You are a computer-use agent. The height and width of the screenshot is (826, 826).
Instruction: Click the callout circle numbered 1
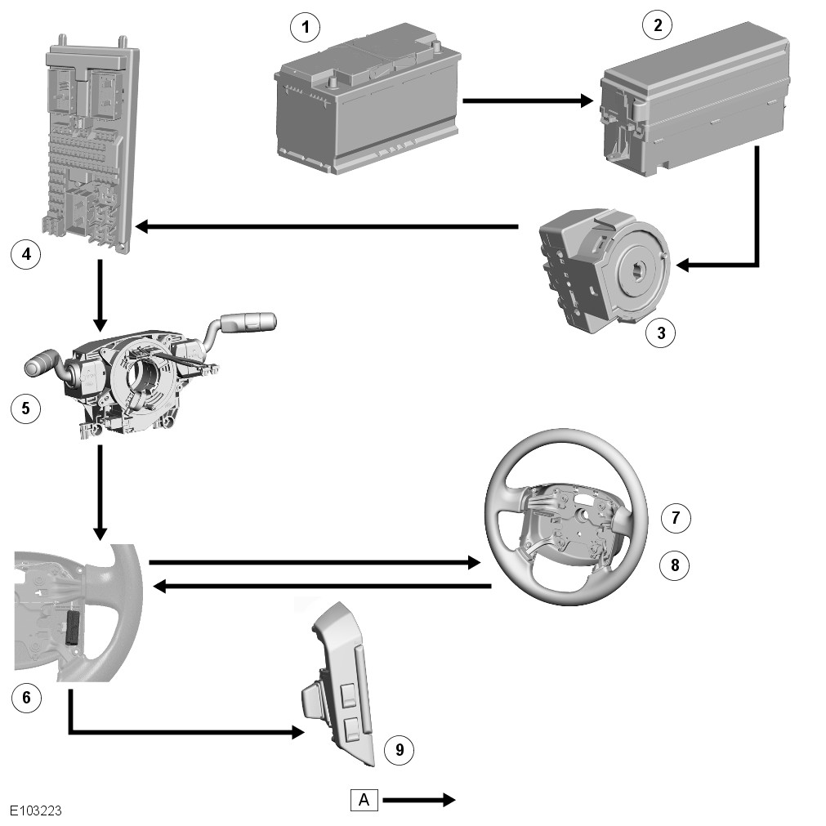click(305, 29)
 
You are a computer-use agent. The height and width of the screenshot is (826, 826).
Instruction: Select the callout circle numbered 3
click(660, 333)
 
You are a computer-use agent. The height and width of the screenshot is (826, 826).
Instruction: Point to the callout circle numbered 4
click(25, 254)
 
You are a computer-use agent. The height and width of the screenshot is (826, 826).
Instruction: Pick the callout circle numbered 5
click(25, 408)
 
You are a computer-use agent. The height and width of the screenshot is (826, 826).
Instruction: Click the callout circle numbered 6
click(25, 697)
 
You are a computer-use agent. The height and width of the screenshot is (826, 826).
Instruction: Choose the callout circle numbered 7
click(675, 517)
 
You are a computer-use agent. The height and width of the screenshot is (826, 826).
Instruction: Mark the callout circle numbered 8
click(675, 565)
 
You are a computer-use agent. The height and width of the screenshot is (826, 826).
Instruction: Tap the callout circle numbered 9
click(399, 749)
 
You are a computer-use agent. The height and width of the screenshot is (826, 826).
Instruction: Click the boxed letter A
click(364, 800)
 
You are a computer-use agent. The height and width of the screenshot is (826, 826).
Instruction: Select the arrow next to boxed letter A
click(418, 800)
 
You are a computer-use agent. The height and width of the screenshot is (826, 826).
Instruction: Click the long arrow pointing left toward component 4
click(327, 226)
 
